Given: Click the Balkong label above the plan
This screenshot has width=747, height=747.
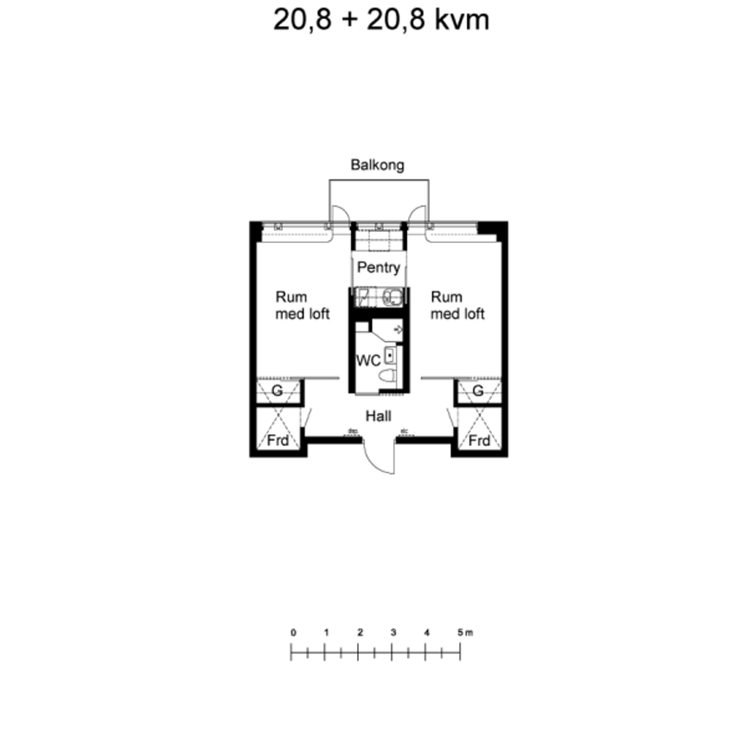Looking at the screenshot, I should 377,164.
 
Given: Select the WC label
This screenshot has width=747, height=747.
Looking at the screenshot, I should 368,360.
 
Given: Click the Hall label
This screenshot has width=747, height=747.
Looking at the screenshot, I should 378,416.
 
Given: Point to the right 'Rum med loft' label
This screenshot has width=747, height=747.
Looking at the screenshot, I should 456,305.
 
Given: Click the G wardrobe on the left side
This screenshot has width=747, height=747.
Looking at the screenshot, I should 277,392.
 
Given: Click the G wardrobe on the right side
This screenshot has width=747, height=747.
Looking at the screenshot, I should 478,392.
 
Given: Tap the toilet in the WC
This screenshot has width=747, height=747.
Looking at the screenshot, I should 389,375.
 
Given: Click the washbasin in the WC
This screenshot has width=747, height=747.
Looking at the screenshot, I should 390,354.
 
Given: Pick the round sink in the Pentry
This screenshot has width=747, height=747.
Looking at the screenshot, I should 392,297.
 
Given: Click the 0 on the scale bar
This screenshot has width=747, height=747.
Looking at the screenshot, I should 293,633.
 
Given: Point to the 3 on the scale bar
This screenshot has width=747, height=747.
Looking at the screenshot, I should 393,633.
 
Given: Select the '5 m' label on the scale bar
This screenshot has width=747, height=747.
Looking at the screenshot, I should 464,633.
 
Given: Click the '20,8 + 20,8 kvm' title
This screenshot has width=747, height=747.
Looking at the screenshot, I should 381,20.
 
